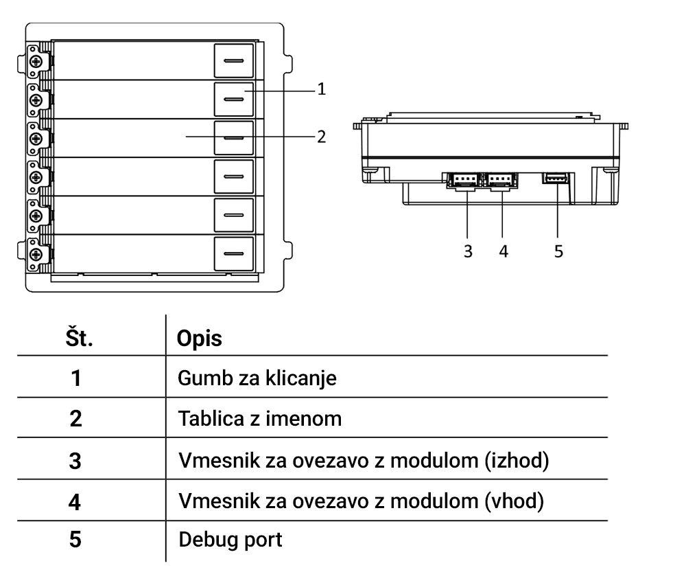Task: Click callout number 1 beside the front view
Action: point(321,89)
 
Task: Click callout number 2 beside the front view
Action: point(321,136)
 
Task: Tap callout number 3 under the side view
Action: point(468,251)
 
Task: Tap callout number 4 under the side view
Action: point(504,251)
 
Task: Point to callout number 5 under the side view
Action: point(558,251)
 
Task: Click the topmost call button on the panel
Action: point(234,61)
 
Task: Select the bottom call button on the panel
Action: point(234,253)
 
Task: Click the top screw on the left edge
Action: point(34,61)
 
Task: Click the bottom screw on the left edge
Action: point(34,254)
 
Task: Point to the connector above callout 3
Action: point(463,180)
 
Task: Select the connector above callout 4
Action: point(501,180)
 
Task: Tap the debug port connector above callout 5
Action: point(556,179)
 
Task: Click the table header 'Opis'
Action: point(200,339)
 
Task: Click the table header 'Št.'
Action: point(78,339)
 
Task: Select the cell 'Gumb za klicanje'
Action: point(257,378)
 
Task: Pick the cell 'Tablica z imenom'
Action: point(260,418)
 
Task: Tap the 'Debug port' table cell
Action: point(230,540)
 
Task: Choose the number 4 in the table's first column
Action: point(75,501)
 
